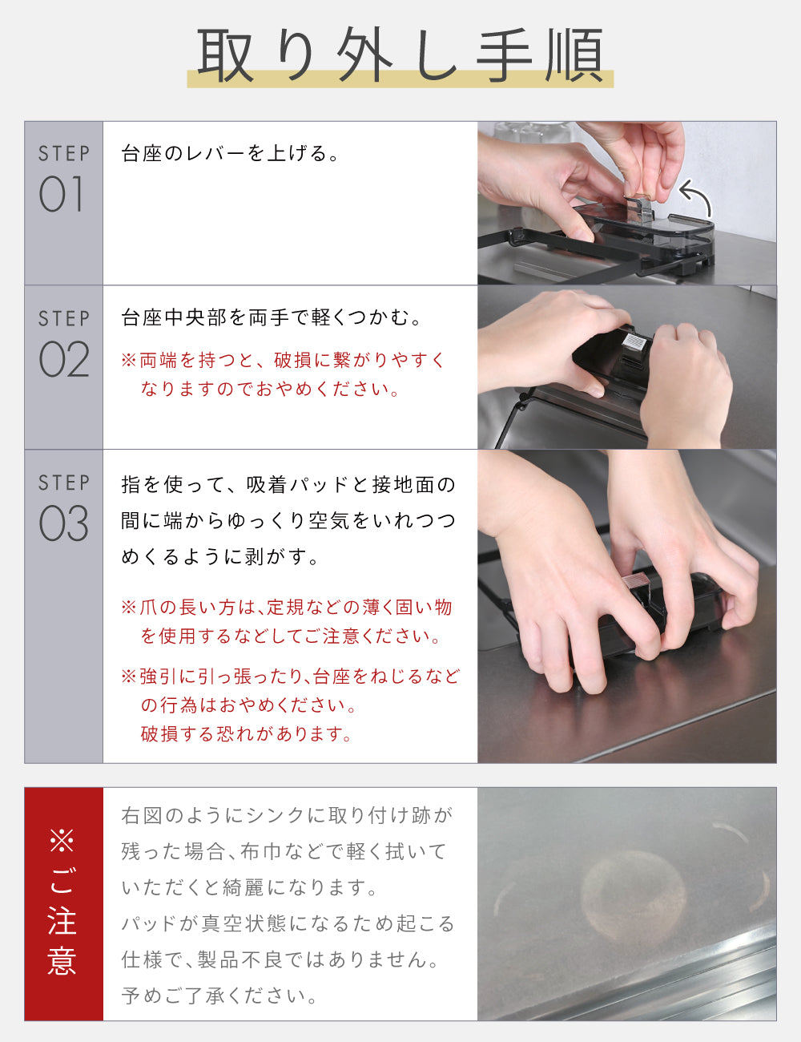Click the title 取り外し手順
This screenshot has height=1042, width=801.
(x=400, y=55)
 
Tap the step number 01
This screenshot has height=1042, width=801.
(x=62, y=194)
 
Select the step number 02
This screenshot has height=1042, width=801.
(x=64, y=359)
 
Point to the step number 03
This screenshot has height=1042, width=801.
(x=64, y=523)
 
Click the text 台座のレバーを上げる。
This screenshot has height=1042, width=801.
(x=230, y=153)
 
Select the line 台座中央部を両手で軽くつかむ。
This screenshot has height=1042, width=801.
(x=271, y=317)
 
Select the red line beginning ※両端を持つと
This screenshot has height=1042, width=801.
(x=283, y=360)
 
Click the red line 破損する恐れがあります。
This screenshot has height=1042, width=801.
(x=247, y=733)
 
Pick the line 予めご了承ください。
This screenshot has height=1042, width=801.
(x=219, y=996)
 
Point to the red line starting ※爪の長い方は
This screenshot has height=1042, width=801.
(x=287, y=608)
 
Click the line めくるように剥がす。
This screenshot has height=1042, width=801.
(x=220, y=557)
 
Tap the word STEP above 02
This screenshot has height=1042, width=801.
(x=64, y=319)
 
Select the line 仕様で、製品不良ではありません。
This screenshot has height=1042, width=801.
(x=280, y=959)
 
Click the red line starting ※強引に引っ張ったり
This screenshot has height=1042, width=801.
(x=290, y=676)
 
